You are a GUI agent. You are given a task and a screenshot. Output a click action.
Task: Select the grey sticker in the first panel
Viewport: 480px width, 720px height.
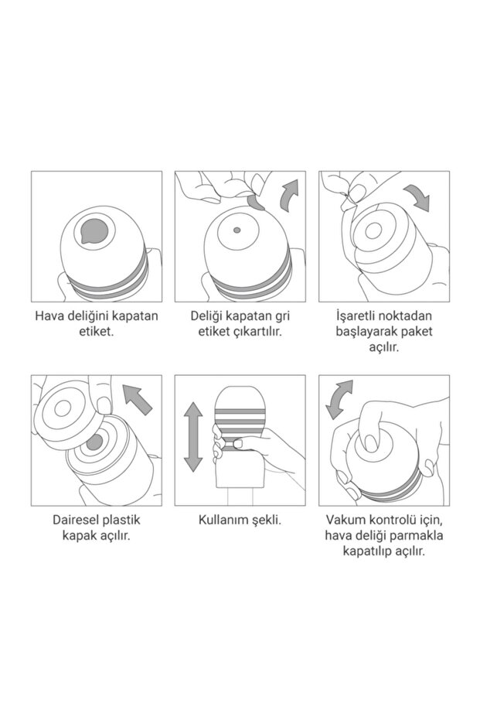[x=95, y=228]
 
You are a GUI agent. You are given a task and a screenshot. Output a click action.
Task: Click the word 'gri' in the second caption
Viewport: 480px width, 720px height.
[x=274, y=316]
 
